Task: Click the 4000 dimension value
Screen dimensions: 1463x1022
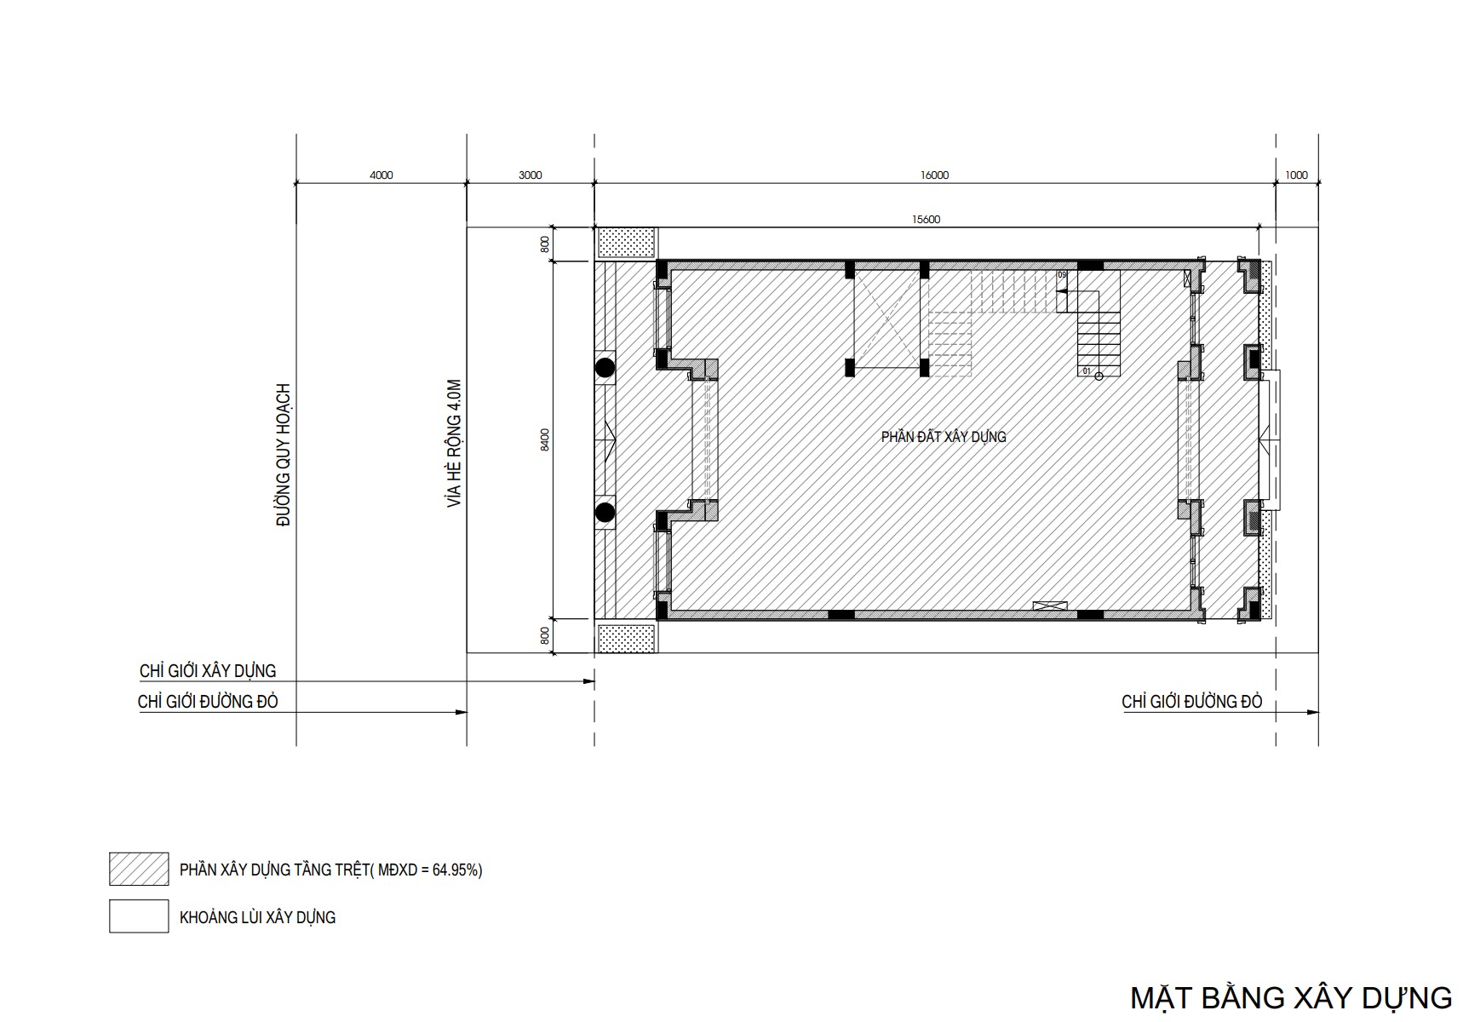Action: coord(382,175)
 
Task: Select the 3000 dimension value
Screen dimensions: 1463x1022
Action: coord(530,175)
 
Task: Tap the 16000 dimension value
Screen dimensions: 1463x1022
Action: coord(934,175)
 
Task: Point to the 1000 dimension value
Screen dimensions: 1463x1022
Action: coord(1296,175)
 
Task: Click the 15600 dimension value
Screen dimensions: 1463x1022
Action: coord(926,220)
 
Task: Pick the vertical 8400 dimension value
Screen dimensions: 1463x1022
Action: coord(545,439)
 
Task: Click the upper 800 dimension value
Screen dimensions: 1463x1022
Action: coord(545,244)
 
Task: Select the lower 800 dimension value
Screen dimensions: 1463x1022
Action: coord(545,635)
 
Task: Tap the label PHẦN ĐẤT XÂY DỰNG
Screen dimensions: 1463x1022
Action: coord(944,437)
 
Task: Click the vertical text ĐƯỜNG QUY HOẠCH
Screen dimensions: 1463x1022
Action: coord(284,455)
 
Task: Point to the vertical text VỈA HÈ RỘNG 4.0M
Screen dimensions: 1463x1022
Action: coord(454,444)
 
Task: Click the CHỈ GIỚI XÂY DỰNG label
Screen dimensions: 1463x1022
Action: coord(208,671)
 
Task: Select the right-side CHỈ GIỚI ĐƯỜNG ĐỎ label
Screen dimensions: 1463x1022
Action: coord(1192,702)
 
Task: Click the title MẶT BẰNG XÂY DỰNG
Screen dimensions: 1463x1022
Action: coord(1291,997)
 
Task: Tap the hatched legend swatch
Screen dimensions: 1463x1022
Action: coord(139,869)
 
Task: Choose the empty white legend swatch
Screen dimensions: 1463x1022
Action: coord(139,916)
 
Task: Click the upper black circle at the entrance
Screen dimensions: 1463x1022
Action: coord(605,368)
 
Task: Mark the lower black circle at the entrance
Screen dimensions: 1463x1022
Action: coord(605,512)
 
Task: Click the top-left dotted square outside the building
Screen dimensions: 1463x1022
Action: coord(627,243)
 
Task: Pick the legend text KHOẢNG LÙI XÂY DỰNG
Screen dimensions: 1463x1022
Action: coord(257,917)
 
